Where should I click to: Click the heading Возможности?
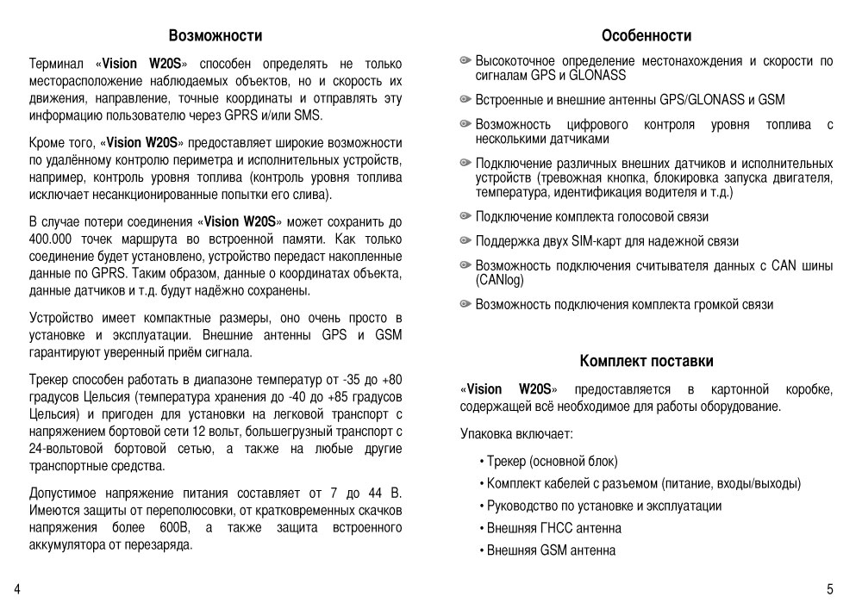pyautogui.click(x=215, y=36)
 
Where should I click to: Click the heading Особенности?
pyautogui.click(x=646, y=36)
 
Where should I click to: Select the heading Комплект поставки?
pyautogui.click(x=646, y=361)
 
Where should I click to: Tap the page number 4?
pyautogui.click(x=17, y=589)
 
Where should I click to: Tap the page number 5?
pyautogui.click(x=829, y=589)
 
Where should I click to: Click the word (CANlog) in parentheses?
pyautogui.click(x=499, y=280)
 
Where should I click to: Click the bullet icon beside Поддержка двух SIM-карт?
pyautogui.click(x=466, y=241)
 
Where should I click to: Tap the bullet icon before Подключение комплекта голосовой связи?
pyautogui.click(x=466, y=216)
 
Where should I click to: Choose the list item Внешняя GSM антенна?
pyautogui.click(x=551, y=550)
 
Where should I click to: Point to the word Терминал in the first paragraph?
pyautogui.click(x=57, y=64)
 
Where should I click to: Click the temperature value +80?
pyautogui.click(x=390, y=379)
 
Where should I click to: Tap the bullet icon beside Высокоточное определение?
pyautogui.click(x=466, y=61)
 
